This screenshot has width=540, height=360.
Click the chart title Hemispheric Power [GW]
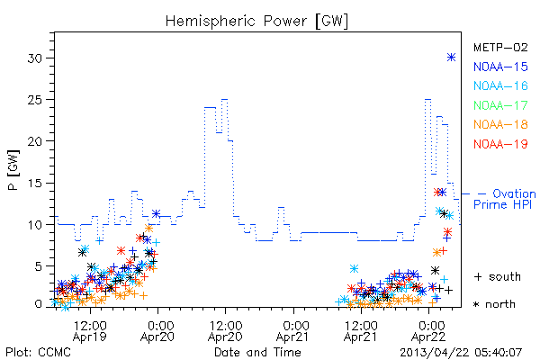coord(256,22)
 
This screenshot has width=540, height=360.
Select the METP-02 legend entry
coord(500,47)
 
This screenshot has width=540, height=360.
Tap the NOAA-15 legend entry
coord(500,67)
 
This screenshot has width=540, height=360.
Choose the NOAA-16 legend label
coord(500,85)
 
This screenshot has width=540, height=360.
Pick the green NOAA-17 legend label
coord(500,105)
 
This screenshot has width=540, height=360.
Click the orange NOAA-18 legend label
coord(500,124)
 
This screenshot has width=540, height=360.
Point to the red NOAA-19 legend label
coord(500,144)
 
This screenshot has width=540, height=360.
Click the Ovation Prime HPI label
coord(505,199)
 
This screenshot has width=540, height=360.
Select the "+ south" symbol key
coord(498,276)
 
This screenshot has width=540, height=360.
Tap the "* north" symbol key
coord(494,304)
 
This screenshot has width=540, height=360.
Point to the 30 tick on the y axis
coord(35,58)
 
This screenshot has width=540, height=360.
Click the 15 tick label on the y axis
coord(35,183)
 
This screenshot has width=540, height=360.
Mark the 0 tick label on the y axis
coord(39,304)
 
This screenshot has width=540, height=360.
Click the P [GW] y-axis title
coord(13,170)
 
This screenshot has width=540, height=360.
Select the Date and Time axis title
coord(257,352)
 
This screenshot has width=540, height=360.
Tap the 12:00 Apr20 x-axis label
coord(226,330)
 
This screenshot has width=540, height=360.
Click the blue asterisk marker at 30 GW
coord(451,58)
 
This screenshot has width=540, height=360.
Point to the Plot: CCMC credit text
coord(38,352)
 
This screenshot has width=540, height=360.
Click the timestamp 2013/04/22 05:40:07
coord(461,353)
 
